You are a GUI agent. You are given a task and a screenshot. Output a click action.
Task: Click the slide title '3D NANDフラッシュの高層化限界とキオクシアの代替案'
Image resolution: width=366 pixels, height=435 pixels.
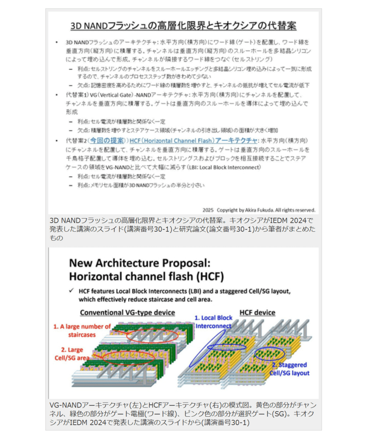(183, 26)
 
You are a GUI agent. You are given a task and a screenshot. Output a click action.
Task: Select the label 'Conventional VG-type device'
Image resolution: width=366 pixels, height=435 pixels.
(128, 313)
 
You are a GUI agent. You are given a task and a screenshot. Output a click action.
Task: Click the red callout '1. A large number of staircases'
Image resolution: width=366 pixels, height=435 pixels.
(82, 330)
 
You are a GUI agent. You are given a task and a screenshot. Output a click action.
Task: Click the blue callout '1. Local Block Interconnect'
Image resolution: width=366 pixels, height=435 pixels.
(214, 321)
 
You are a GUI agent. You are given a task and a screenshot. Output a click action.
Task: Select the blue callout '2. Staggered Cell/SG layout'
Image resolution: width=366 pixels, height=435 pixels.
(289, 369)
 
